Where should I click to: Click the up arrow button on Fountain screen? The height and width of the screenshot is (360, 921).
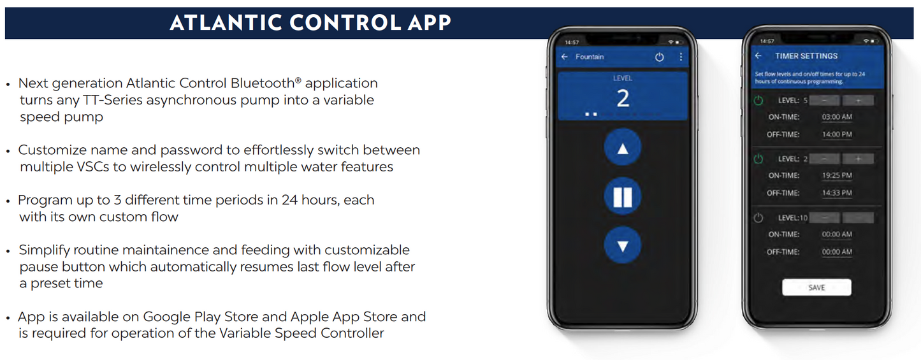coord(623,149)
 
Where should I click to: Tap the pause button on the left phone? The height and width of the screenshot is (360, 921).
coord(623,197)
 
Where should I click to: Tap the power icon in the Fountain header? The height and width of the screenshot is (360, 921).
coord(659,57)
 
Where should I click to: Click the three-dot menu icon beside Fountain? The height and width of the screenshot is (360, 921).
coord(681,57)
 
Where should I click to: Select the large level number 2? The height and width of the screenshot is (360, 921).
coord(623,98)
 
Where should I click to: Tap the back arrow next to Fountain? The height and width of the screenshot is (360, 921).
coord(565,57)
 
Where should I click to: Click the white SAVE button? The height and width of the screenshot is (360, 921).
coord(816,287)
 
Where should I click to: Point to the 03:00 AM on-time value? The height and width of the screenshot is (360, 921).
coord(836,117)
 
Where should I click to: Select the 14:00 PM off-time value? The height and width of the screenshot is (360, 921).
coord(836,134)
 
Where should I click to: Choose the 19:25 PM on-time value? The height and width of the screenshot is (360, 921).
coord(836,175)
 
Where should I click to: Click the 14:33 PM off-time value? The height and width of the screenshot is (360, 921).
coord(836,192)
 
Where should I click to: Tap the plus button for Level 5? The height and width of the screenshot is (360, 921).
coord(858,101)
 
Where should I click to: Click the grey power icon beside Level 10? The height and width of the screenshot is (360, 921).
coord(758,218)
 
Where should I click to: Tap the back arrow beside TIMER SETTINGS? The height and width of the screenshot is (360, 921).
coord(758,56)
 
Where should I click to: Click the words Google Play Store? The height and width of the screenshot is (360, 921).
coord(201,317)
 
